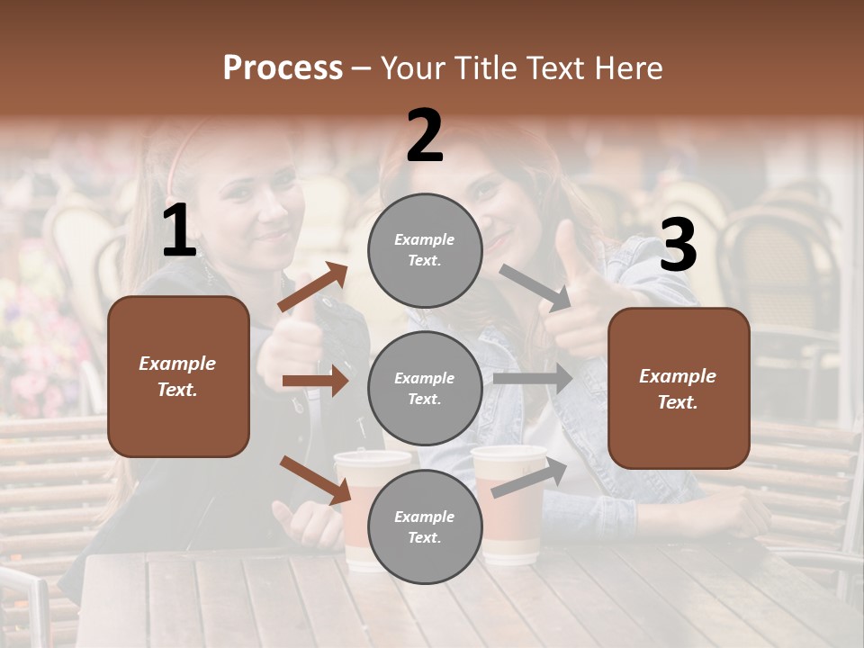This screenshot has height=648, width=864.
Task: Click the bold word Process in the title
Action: click(283, 68)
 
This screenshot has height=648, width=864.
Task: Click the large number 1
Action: click(179, 230)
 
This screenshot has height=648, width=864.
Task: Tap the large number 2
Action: click(425, 136)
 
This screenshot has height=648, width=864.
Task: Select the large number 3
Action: click(678, 246)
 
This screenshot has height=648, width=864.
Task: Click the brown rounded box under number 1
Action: click(178, 376)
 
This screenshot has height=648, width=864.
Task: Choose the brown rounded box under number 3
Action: click(679, 388)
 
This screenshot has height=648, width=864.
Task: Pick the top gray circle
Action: click(425, 250)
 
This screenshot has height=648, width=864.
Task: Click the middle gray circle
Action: click(425, 388)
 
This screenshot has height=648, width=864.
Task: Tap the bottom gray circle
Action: click(425, 526)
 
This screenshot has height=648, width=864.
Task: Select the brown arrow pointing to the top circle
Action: click(312, 287)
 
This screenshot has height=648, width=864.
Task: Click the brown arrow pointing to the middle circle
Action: click(315, 381)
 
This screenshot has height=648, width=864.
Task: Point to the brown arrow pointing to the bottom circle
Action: click(316, 480)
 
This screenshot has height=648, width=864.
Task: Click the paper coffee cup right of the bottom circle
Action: click(509, 504)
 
